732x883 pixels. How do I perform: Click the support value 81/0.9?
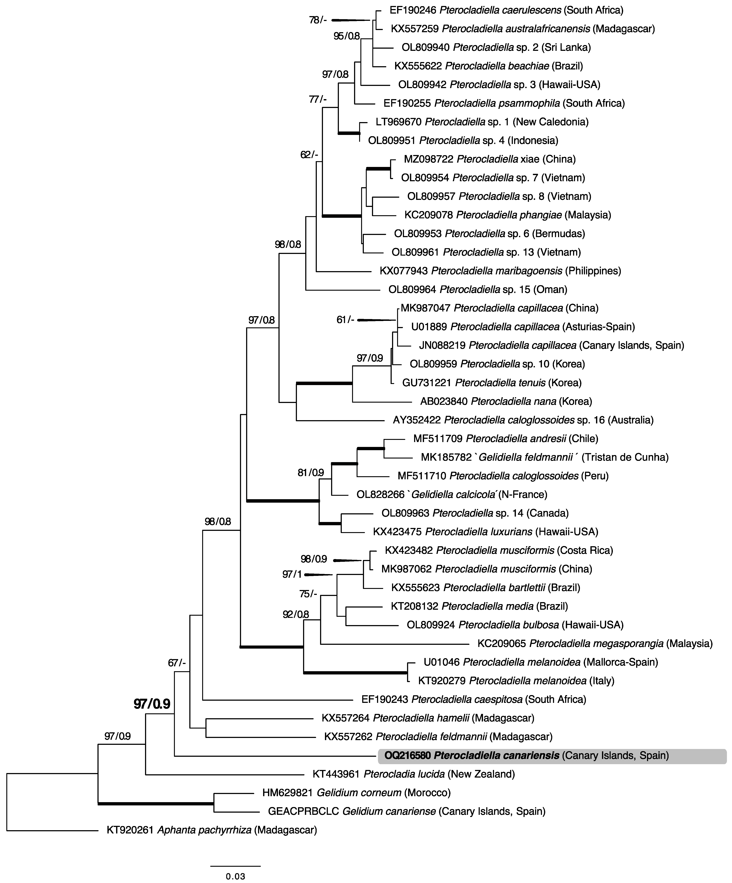pos(311,473)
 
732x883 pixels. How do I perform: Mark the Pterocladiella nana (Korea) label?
pos(506,401)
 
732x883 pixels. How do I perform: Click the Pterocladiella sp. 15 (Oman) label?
pos(478,289)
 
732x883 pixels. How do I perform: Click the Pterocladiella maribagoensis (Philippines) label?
pos(500,271)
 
